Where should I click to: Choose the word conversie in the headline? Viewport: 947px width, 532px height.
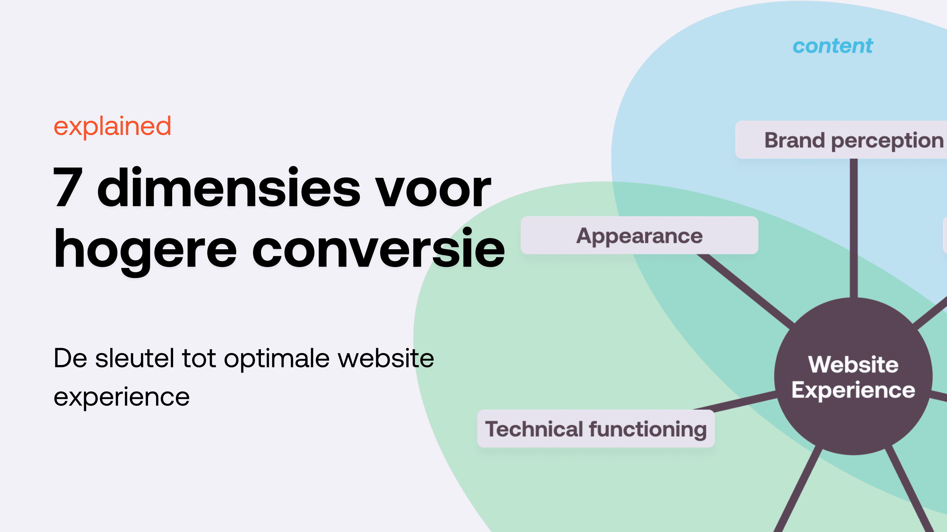[x=379, y=249]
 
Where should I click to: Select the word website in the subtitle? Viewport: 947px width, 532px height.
[x=386, y=358]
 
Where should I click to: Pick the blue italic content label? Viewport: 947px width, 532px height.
[x=832, y=46]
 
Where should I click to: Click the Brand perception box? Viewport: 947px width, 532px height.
[x=842, y=140]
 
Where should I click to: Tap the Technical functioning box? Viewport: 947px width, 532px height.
[x=596, y=429]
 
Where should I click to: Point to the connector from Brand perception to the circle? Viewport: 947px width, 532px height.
[x=853, y=228]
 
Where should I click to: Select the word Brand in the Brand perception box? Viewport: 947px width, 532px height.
[x=794, y=140]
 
